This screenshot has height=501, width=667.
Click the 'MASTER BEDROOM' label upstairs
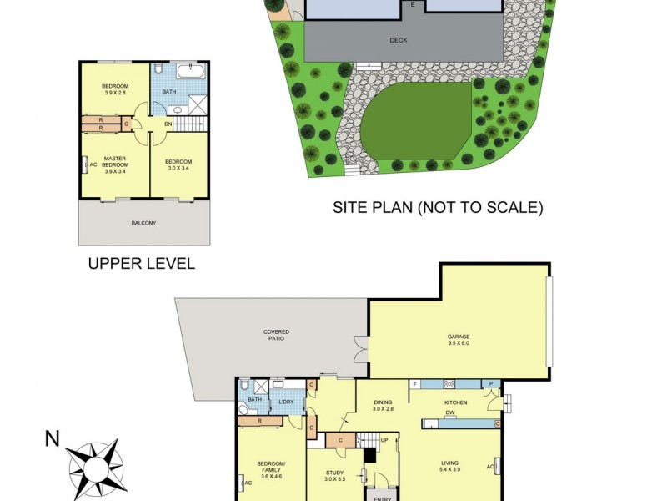point(115,162)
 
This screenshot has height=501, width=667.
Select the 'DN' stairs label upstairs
point(169,124)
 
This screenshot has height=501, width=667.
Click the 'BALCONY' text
point(143,223)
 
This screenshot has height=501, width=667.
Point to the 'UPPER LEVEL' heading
point(142,264)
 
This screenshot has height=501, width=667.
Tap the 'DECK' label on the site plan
point(399,39)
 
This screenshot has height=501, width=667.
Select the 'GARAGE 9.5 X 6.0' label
point(459,339)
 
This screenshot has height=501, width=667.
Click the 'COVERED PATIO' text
point(277,336)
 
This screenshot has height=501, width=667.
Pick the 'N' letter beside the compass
point(53,438)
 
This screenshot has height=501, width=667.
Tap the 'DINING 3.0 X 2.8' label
point(383,405)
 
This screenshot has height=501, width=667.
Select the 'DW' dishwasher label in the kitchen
point(449,412)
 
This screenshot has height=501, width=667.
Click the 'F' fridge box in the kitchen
point(414,384)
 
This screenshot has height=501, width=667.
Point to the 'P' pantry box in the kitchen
point(492,384)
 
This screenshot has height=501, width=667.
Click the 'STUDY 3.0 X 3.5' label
point(334,477)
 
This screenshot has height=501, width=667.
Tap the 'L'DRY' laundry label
point(286,402)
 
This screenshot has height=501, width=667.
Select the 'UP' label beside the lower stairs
point(384,439)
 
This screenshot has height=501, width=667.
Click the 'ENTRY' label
point(383,498)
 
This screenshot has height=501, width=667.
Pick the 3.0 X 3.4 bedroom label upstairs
point(178,164)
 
